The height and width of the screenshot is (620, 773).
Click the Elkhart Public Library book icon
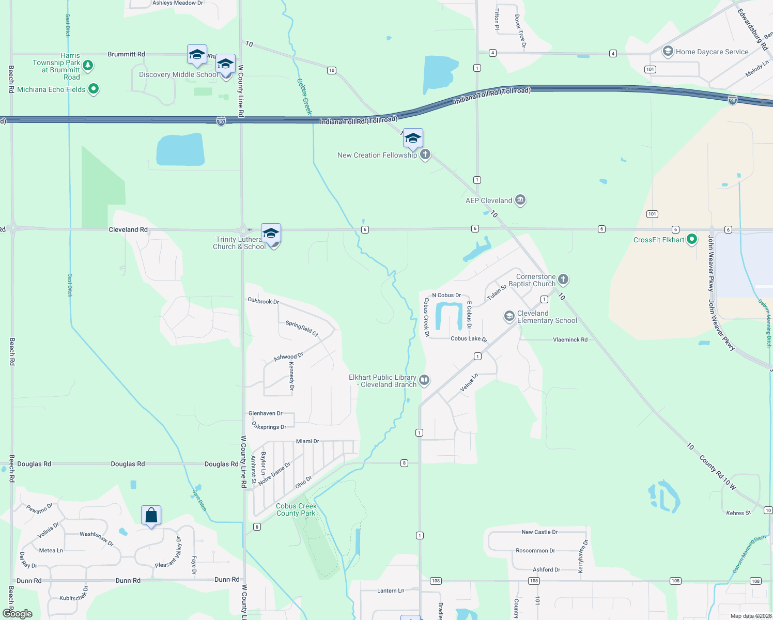point(424,380)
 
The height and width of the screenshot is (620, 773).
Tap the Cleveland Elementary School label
point(547,317)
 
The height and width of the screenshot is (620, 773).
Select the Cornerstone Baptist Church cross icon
point(563,280)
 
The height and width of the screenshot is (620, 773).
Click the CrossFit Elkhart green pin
point(692,239)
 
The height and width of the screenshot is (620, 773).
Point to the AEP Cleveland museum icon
point(520,200)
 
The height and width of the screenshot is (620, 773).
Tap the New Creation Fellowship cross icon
point(425,154)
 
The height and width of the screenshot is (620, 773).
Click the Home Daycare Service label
point(712,52)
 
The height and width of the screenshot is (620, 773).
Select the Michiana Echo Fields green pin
point(94,89)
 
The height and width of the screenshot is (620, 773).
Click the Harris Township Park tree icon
point(88,65)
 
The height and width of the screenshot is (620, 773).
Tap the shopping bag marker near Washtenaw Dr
point(151,516)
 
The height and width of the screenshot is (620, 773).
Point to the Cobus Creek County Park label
point(296,509)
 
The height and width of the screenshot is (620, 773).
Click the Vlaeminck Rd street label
point(570,339)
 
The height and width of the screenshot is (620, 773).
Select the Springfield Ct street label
point(302,328)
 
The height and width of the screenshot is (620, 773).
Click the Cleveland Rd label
point(128,229)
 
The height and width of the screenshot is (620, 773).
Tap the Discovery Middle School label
point(178,74)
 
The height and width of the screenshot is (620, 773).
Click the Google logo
point(18,614)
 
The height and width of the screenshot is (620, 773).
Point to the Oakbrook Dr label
point(263,301)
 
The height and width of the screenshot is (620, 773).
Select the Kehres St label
point(738,513)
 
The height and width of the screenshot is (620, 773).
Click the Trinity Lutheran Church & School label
point(239,243)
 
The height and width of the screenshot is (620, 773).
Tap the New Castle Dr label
point(539,532)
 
